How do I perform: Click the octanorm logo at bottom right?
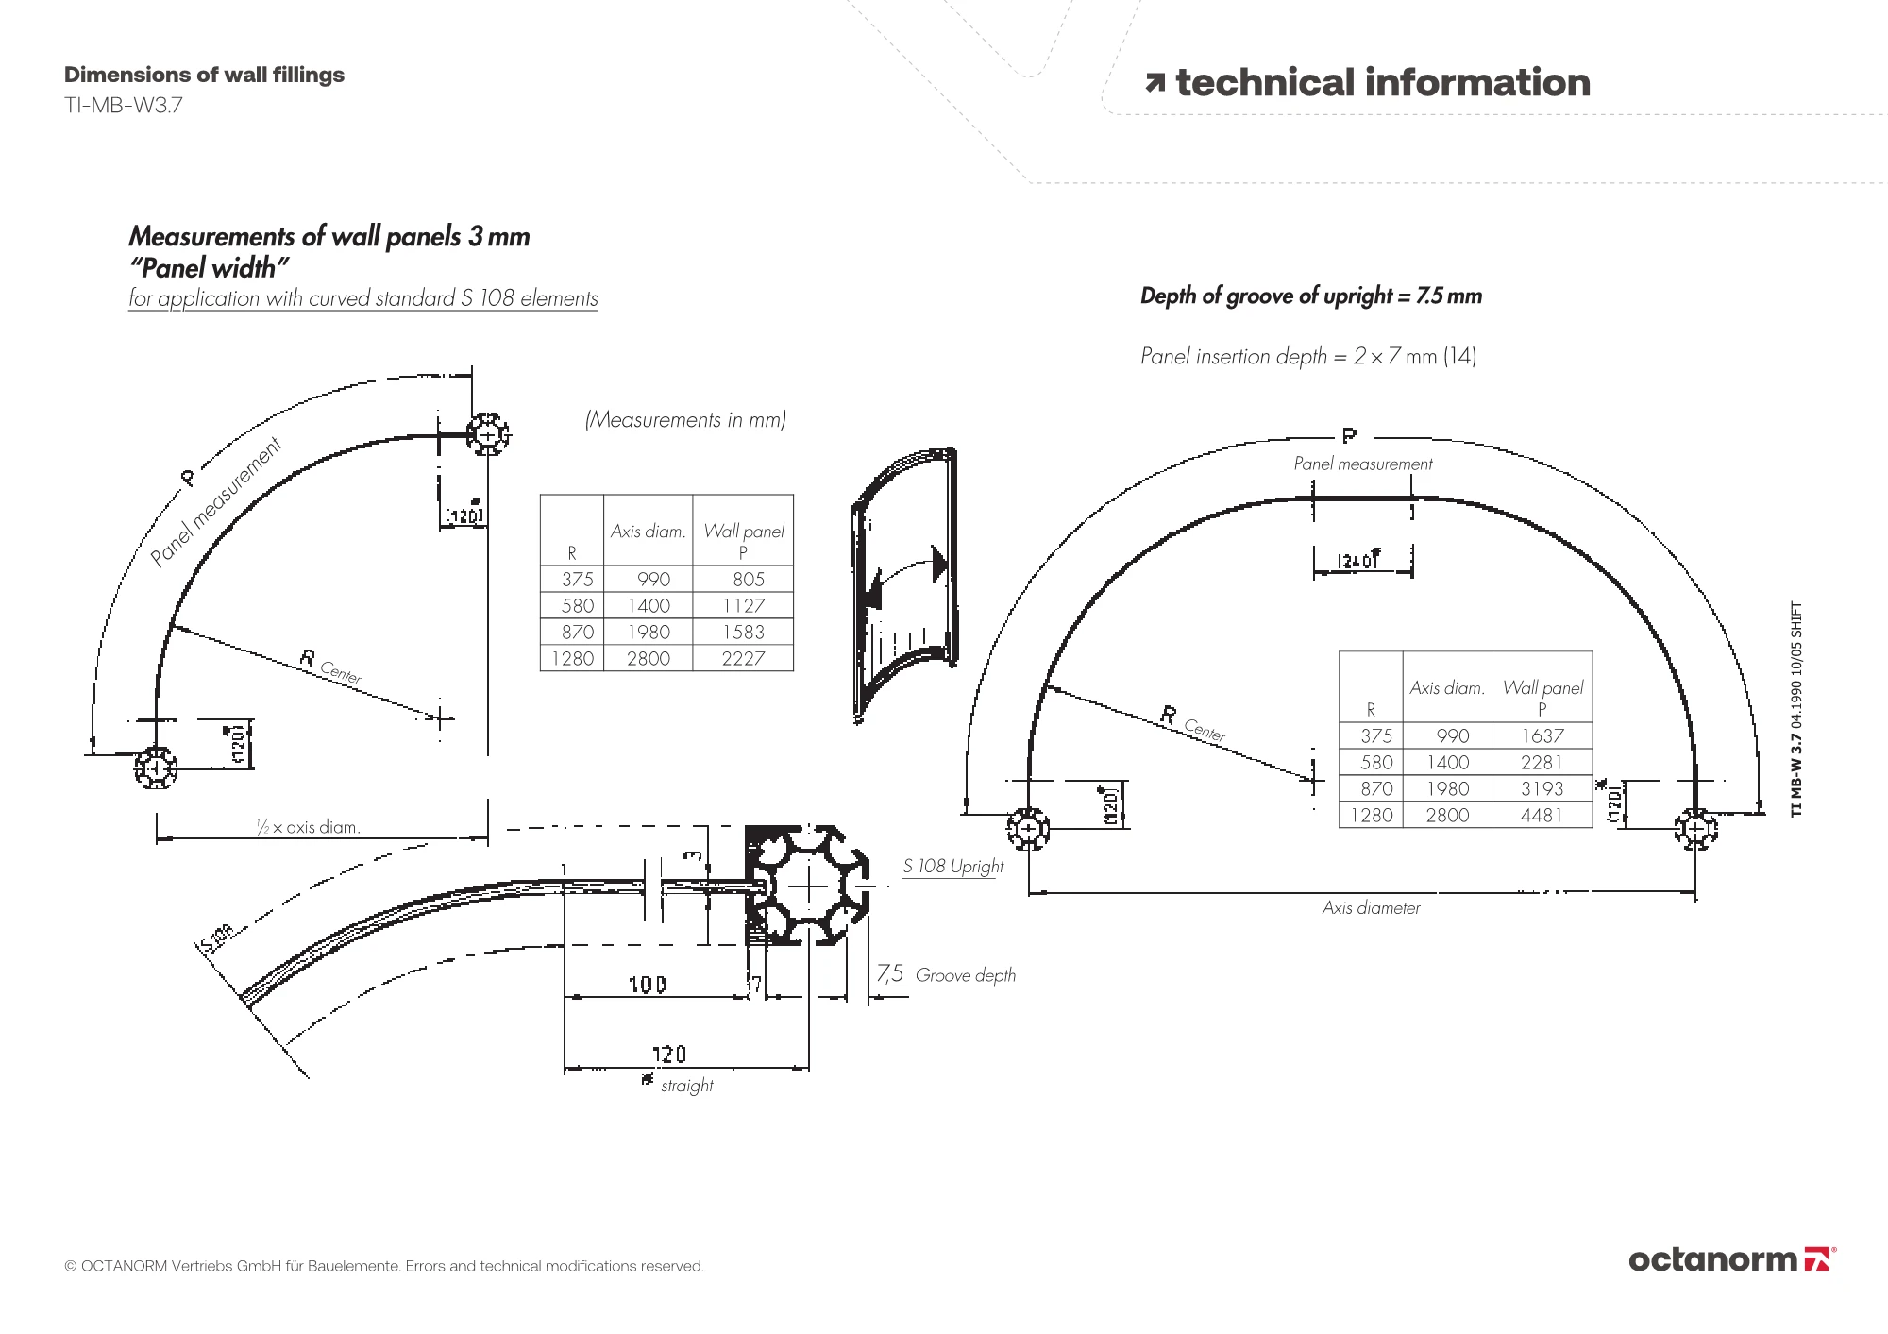1731,1259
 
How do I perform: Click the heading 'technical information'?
1382,83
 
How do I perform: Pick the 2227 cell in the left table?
743,659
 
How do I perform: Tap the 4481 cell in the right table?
1542,816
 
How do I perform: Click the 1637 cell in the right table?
1542,736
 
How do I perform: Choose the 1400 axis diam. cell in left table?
649,606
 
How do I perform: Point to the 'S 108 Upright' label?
952,867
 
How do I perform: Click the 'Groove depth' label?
965,976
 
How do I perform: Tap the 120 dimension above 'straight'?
669,1054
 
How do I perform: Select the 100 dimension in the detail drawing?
648,986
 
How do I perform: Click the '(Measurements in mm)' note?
685,420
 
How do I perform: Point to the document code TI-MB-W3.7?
124,106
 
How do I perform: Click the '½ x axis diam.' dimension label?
309,828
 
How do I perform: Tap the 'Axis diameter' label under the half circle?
1371,908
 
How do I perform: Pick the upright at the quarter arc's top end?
488,434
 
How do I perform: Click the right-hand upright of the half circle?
1695,830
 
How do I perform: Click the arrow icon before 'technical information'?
1155,84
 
